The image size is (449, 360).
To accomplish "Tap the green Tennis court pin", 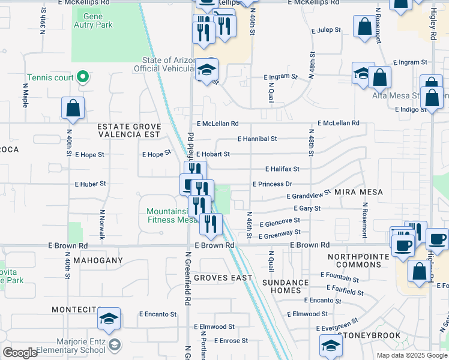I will point(84,77).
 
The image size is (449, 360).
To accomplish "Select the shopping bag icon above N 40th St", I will point(73,109).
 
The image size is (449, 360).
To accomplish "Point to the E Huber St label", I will point(90,184).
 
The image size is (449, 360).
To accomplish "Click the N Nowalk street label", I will point(103,224).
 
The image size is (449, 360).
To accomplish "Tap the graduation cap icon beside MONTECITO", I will point(109,319).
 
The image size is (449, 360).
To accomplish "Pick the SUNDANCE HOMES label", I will point(285,286).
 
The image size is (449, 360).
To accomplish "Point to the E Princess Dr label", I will point(272,184).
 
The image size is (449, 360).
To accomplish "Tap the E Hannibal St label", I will point(257,139).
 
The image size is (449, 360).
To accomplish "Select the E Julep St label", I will point(326,30).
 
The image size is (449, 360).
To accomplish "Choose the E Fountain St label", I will point(339,279).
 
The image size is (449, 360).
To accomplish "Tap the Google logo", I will point(20,353).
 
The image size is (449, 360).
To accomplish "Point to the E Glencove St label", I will point(279,222).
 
